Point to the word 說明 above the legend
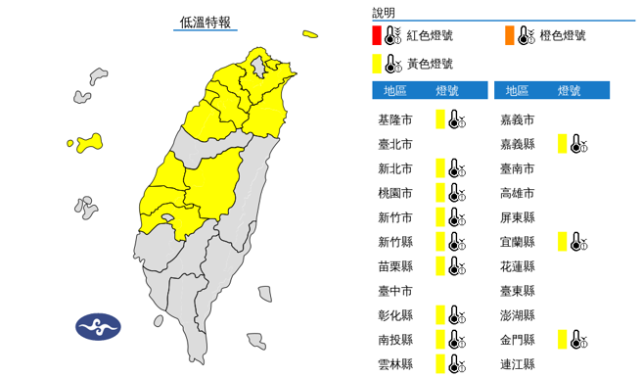pos(385,13)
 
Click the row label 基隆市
pos(395,119)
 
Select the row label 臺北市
pos(395,144)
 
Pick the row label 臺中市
pos(395,291)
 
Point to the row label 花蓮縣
pos(518,266)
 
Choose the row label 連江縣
pos(518,363)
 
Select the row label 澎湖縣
pos(518,315)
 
